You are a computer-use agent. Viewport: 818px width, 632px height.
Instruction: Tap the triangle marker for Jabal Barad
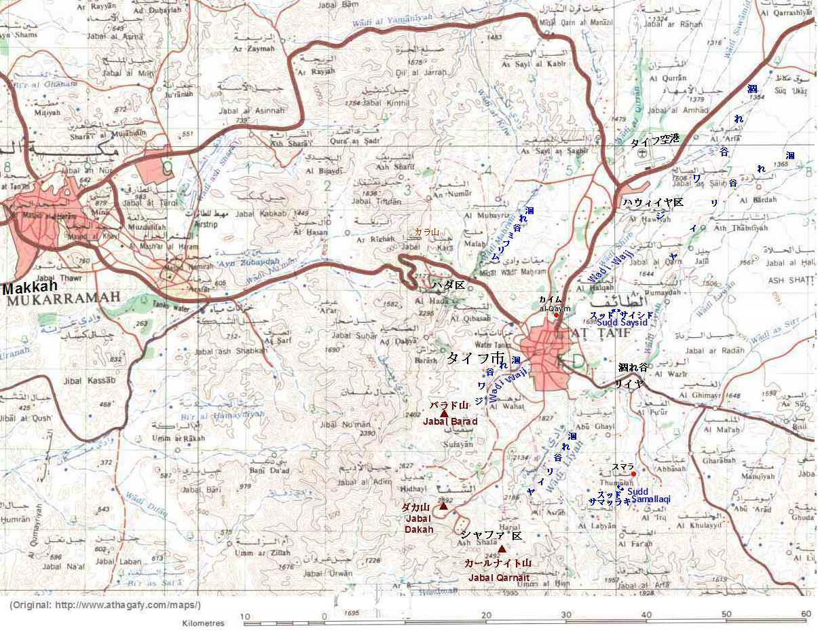[x=444, y=413]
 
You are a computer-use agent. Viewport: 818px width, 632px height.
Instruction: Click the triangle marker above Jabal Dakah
[x=443, y=506]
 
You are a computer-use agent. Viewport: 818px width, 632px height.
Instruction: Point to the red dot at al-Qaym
[x=556, y=315]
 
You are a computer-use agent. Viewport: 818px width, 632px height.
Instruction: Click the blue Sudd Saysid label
[x=622, y=322]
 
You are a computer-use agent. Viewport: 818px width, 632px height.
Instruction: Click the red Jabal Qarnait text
[x=499, y=578]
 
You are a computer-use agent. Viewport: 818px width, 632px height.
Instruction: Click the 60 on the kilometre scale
[x=806, y=614]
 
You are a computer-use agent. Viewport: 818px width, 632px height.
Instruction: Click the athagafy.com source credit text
[x=105, y=605]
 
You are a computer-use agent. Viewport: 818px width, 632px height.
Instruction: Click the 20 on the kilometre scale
[x=485, y=614]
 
